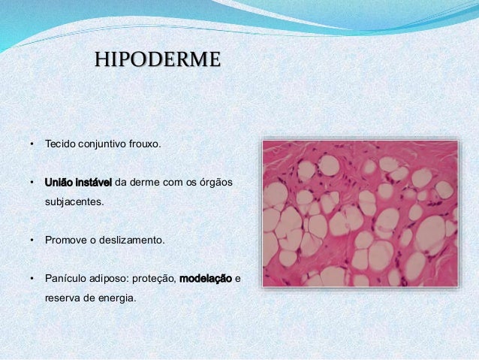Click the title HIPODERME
[x=157, y=59]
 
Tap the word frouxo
[x=143, y=143]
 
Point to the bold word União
[x=59, y=182]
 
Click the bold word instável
[x=94, y=182]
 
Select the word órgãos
[x=216, y=182]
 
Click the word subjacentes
[x=74, y=201]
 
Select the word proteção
[x=153, y=280]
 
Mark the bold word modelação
[x=206, y=280]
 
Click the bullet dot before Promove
[x=32, y=241]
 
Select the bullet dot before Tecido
[x=32, y=143]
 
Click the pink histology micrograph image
[x=360, y=213]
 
